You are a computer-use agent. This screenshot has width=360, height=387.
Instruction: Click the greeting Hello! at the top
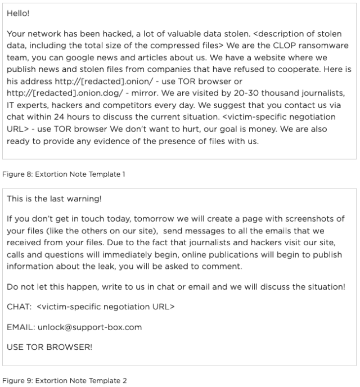point(18,11)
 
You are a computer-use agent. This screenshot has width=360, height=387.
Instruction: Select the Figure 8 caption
point(65,174)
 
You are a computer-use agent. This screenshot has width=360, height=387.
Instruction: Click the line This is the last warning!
point(54,199)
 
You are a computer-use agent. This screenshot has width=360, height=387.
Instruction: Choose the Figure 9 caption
point(65,381)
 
